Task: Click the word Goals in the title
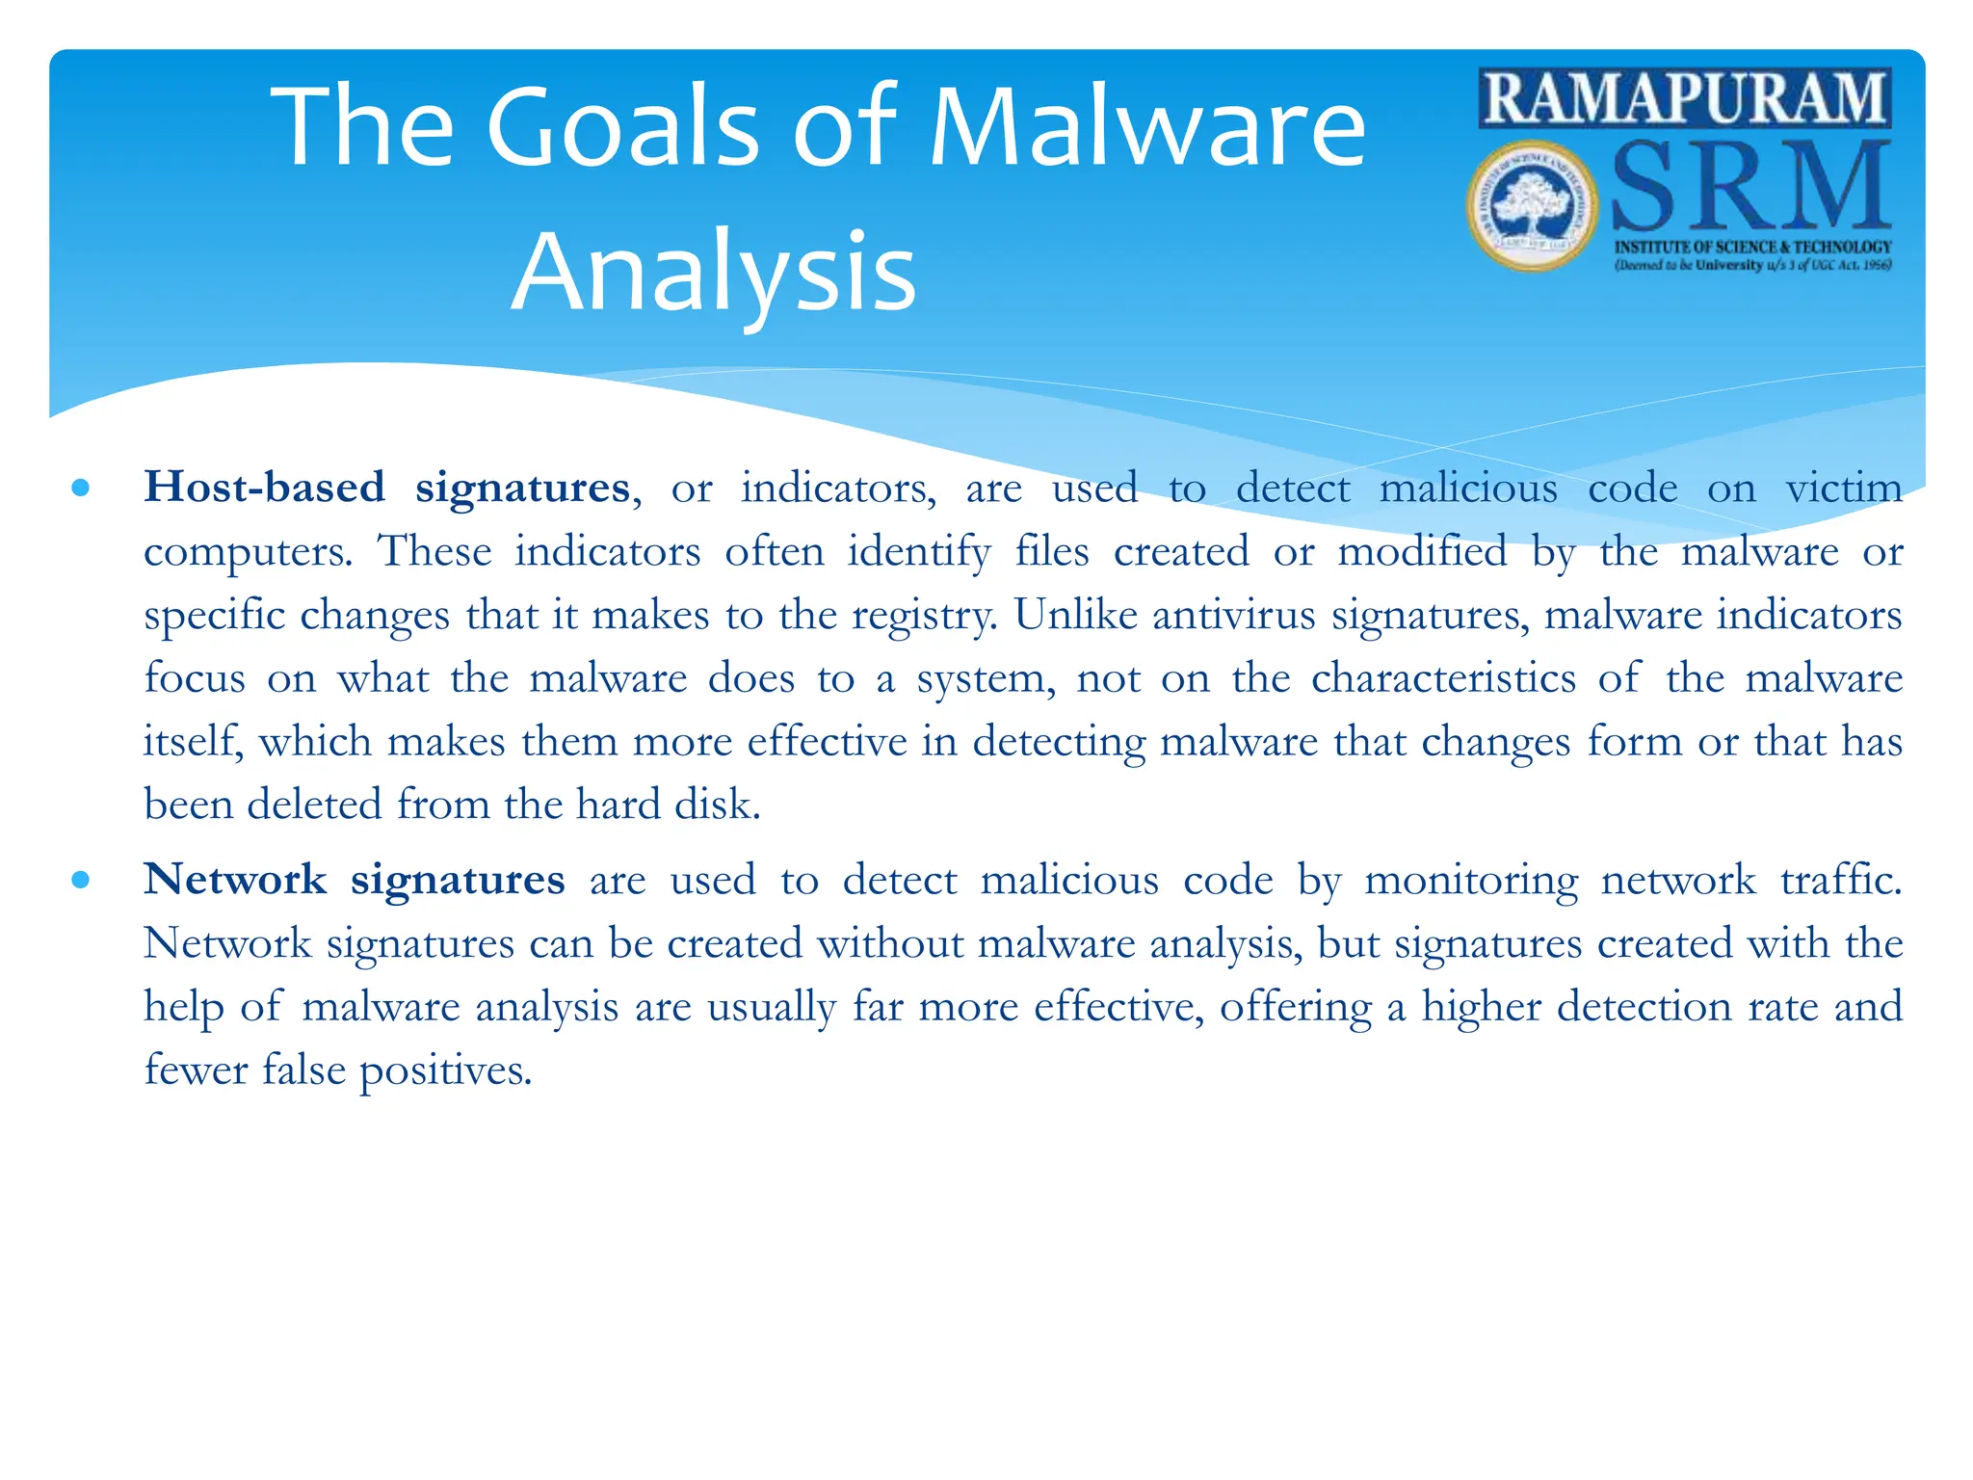pyautogui.click(x=623, y=127)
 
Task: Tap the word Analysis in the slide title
pyautogui.click(x=713, y=272)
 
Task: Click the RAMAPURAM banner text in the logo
pyautogui.click(x=1685, y=98)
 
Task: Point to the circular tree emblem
pyautogui.click(x=1531, y=205)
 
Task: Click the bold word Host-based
pyautogui.click(x=264, y=487)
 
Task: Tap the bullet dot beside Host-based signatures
pyautogui.click(x=81, y=488)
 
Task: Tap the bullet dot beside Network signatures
pyautogui.click(x=81, y=879)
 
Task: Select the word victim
pyautogui.click(x=1844, y=488)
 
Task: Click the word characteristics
pyautogui.click(x=1443, y=678)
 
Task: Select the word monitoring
pyautogui.click(x=1471, y=881)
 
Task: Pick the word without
pyautogui.click(x=890, y=942)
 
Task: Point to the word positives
pyautogui.click(x=445, y=1070)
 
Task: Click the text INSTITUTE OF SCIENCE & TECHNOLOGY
pyautogui.click(x=1752, y=247)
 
